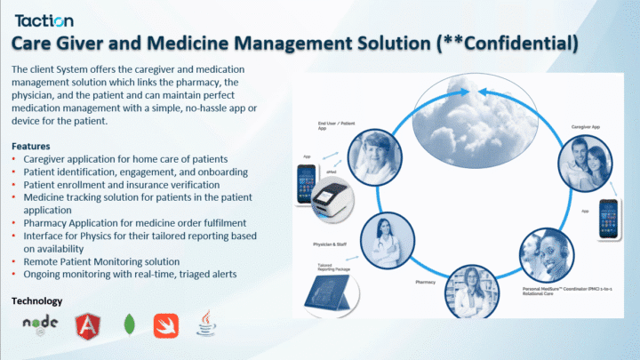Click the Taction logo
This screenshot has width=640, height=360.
point(44,20)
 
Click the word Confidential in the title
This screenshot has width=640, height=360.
point(515,43)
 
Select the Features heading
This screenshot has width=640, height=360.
point(31,146)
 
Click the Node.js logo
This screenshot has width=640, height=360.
point(39,324)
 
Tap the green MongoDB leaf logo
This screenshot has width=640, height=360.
point(129,325)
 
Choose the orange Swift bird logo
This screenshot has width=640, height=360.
point(166,325)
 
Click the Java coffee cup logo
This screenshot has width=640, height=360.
point(206,324)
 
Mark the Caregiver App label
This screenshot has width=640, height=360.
point(588,128)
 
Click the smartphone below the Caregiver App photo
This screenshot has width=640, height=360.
point(608,217)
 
